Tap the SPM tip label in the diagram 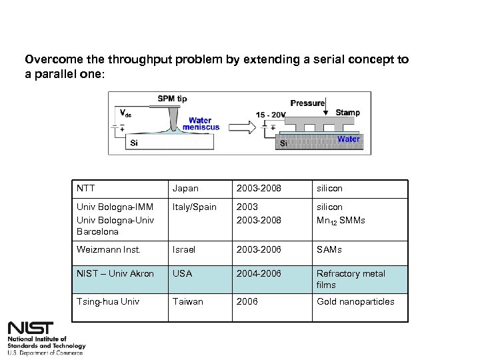pyautogui.click(x=172, y=99)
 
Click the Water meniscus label pyautogui.click(x=201, y=125)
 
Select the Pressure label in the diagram pyautogui.click(x=307, y=103)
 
